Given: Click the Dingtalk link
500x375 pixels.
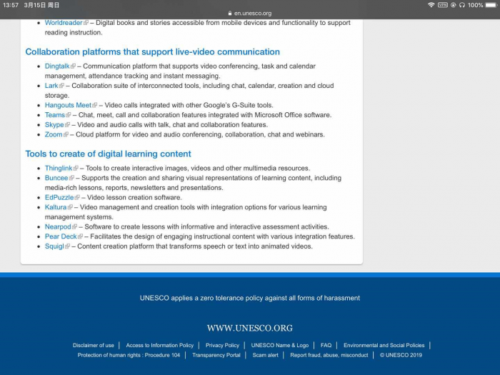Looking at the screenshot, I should pos(57,66).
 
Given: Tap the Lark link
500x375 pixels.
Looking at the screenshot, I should pos(51,86).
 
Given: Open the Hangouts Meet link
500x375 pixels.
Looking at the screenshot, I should pos(69,105).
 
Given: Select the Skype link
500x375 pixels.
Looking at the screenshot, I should pos(54,124).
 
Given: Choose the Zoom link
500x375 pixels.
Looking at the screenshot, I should pos(54,134).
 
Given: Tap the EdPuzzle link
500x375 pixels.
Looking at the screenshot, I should pos(59,197).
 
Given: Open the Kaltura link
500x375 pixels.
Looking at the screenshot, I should pos(56,207).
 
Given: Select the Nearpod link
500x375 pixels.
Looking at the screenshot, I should pos(58,226).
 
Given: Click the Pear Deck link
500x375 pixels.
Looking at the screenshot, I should pos(61,236).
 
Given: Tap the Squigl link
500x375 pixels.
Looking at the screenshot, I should pos(54,246).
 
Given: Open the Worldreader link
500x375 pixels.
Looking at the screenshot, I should pos(64,23).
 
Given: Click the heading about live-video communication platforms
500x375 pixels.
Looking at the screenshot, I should pos(152,52).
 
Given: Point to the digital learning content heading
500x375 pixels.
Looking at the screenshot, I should pos(108,154).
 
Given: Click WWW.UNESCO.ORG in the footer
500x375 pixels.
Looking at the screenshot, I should pos(250,328).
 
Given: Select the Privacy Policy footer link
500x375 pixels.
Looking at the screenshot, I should pos(222,345).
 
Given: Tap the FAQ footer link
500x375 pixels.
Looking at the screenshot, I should pos(326,345).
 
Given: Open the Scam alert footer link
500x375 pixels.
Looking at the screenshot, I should pos(265,355).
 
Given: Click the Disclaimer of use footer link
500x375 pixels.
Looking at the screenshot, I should pos(93,345).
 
